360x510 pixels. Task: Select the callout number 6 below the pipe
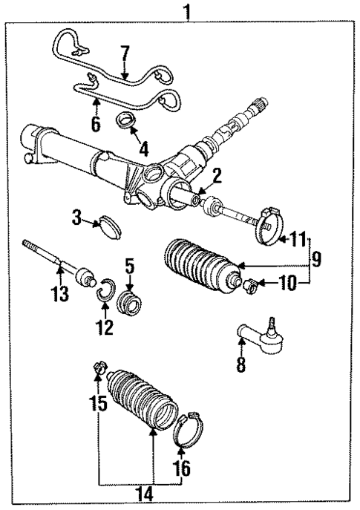pyautogui.click(x=96, y=124)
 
